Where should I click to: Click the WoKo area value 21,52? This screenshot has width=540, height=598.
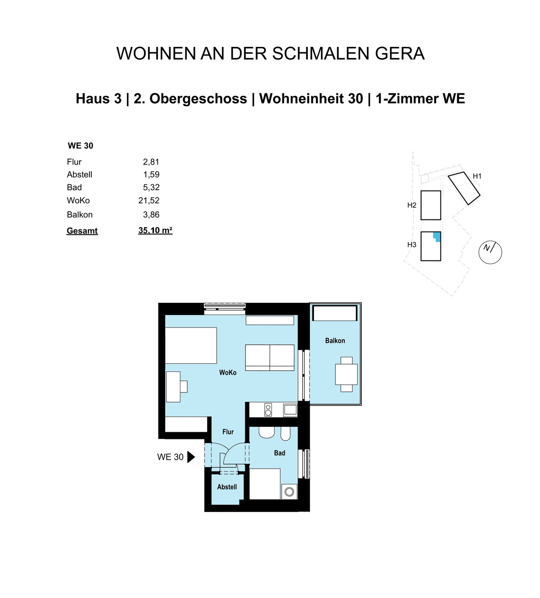tap(149, 201)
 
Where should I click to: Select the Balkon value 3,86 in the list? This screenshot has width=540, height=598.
tap(151, 215)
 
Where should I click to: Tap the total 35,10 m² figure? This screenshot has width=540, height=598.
tap(155, 230)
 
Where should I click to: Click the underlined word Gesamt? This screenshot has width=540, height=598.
tap(82, 231)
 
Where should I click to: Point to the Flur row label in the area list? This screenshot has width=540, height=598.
tap(74, 162)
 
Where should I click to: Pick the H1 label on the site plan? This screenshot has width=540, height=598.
tap(477, 176)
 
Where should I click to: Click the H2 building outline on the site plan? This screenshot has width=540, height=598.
tap(430, 205)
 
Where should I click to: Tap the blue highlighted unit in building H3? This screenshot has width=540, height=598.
tap(436, 236)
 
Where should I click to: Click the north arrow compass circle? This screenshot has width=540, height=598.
tap(490, 252)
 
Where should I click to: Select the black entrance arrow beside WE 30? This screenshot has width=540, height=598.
tap(191, 457)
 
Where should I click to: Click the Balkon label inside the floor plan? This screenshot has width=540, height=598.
tap(335, 341)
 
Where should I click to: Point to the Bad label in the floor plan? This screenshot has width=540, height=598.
tap(279, 453)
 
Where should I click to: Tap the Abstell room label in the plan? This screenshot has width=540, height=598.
tap(227, 487)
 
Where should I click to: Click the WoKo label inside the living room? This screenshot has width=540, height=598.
tap(228, 372)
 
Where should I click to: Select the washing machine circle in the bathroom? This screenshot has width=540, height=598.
tap(289, 492)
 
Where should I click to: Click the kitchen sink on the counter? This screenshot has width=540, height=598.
tap(290, 410)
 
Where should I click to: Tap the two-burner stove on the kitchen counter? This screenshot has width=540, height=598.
tap(268, 410)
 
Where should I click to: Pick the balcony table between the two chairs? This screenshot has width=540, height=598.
tap(346, 374)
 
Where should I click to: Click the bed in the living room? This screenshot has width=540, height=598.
tap(191, 345)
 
